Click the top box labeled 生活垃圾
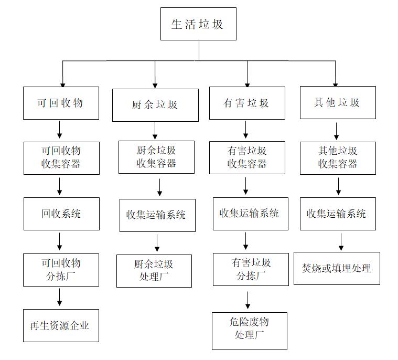click(198, 24)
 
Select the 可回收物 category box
click(61, 103)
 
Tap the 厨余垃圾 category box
click(155, 105)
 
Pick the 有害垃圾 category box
click(246, 103)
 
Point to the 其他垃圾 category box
click(337, 102)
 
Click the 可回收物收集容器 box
click(61, 157)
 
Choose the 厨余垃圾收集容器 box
click(156, 157)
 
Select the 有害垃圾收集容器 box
click(247, 157)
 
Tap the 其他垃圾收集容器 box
click(338, 157)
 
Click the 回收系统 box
click(61, 214)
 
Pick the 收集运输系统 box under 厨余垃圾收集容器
click(157, 215)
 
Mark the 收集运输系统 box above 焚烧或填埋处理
click(338, 214)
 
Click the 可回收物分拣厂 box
click(61, 270)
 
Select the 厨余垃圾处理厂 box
click(154, 271)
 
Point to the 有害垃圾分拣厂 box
click(251, 269)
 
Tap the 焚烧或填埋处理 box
click(337, 269)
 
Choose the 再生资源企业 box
click(61, 325)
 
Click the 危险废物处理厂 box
click(249, 330)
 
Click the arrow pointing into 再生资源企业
click(59, 297)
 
